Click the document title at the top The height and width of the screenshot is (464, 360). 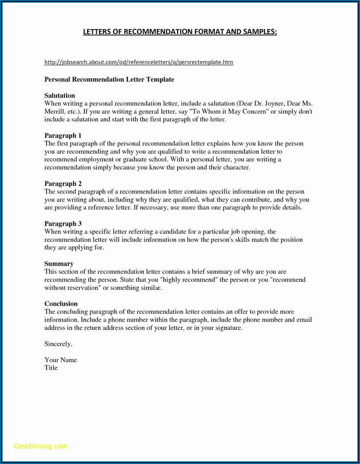click(x=180, y=32)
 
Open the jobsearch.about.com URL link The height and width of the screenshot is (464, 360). click(x=139, y=62)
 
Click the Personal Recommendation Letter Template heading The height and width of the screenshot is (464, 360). click(x=109, y=79)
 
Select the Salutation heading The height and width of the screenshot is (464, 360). click(x=60, y=95)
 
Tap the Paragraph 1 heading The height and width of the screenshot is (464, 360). click(x=63, y=135)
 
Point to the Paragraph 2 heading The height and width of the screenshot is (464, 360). click(x=63, y=184)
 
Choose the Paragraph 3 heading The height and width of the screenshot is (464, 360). click(x=63, y=223)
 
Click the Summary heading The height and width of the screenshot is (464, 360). click(x=59, y=264)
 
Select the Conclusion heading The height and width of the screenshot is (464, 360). click(x=61, y=304)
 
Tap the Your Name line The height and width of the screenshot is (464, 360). click(x=61, y=360)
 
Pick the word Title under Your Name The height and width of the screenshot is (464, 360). click(x=51, y=368)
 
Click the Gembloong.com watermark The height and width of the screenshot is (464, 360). click(x=40, y=446)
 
